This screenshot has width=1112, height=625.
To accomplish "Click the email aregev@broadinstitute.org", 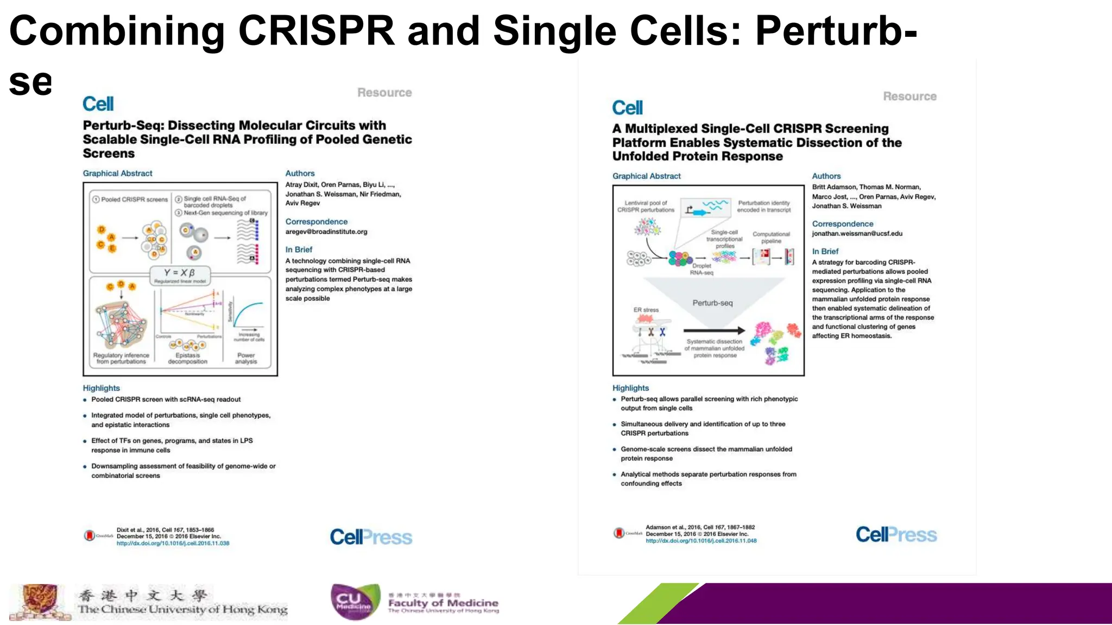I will pos(326,232).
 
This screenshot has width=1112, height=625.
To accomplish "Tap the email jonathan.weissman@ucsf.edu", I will pos(857,234).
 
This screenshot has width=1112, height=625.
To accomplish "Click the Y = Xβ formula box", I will pos(180,274).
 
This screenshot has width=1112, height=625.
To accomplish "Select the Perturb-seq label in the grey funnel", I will pos(712,303).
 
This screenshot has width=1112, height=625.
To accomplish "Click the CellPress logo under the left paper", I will pos(371,537).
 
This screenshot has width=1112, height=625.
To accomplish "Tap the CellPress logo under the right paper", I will pos(896,534).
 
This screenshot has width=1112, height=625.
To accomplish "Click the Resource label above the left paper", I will pos(384,93).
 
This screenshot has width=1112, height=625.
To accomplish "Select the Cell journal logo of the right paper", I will pos(627,107).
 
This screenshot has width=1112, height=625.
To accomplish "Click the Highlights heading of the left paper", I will pos(101,388).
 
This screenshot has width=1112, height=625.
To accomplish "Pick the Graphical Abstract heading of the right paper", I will pos(646,176).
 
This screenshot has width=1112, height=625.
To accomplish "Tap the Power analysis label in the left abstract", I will pos(246,359).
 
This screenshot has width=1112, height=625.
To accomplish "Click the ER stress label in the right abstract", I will pos(646,310).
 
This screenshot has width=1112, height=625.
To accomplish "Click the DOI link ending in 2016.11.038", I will pos(173,543).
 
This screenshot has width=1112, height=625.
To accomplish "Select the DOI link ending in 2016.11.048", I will pos(700,540).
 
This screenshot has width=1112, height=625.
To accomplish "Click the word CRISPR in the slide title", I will pos(316,31).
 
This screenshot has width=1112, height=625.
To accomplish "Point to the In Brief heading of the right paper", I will pos(825,251).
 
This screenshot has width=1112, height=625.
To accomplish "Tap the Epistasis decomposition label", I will pos(187,359).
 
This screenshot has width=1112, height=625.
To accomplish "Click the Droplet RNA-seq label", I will pos(701,269).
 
